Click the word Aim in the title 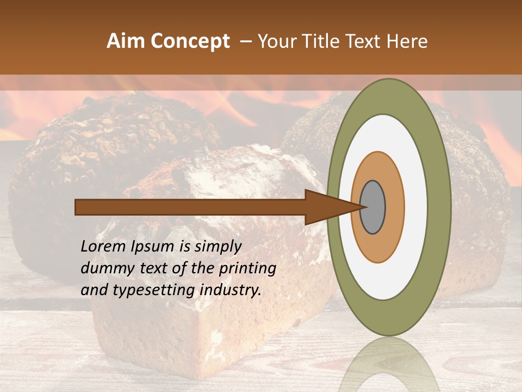tap(126, 41)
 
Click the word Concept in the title tap(190, 41)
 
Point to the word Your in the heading tap(276, 41)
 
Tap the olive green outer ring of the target tap(439, 207)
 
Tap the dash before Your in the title tap(245, 42)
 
